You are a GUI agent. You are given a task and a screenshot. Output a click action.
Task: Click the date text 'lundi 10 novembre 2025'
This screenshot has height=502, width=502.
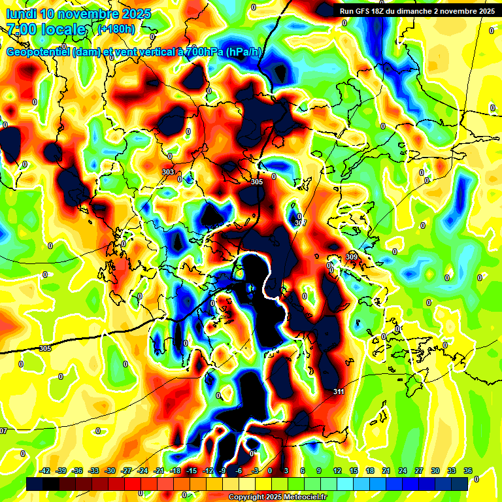(x=78, y=14)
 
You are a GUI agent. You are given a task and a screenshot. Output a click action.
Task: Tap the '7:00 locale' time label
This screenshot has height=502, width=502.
(x=46, y=29)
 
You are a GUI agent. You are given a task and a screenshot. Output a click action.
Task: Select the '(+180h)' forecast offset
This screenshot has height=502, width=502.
(x=116, y=29)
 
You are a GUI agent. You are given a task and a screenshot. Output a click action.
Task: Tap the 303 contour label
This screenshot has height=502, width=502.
(x=168, y=172)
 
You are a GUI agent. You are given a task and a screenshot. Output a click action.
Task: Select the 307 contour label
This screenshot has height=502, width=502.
(x=300, y=223)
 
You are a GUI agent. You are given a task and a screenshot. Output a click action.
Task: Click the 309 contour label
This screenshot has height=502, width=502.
(x=352, y=257)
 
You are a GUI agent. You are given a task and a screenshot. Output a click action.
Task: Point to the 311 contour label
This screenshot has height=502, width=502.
(x=339, y=392)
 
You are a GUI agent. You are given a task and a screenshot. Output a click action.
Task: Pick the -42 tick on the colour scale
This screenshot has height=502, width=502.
(x=45, y=471)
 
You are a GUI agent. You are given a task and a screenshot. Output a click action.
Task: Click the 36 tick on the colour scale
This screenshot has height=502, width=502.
(x=467, y=471)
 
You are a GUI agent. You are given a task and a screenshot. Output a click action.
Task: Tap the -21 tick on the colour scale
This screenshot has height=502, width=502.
(x=159, y=471)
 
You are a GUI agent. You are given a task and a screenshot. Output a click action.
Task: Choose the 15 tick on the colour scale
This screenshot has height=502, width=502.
(x=354, y=471)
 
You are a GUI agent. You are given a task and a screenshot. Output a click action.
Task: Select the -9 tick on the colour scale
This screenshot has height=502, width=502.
(x=224, y=471)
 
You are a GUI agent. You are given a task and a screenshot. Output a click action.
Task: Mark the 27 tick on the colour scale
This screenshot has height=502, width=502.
(x=419, y=471)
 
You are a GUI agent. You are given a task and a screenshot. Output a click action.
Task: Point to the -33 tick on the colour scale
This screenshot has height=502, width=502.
(x=94, y=471)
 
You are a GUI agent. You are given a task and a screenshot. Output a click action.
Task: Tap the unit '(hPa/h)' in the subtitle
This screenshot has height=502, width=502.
(x=246, y=52)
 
